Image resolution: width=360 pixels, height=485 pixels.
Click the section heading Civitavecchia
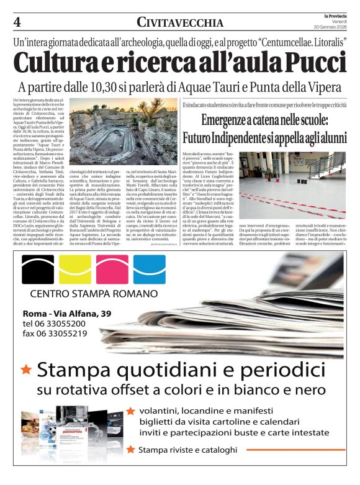[x=181, y=23]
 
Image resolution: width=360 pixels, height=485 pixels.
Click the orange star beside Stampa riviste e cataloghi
[x=130, y=449]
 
